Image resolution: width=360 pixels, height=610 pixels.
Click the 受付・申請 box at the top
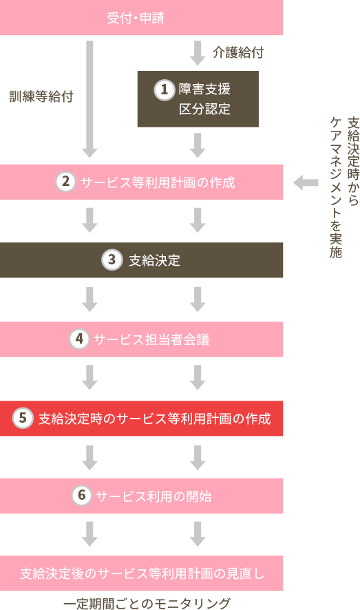click(x=141, y=18)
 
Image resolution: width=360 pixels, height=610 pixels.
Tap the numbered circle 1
click(x=164, y=90)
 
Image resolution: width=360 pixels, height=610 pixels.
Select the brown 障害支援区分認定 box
click(x=198, y=99)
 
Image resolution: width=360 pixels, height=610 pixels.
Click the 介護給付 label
click(x=237, y=52)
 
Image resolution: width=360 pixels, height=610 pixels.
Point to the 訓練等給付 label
click(x=41, y=96)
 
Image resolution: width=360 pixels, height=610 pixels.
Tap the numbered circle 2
click(x=65, y=182)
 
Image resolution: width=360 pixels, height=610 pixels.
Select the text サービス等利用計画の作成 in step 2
click(x=158, y=183)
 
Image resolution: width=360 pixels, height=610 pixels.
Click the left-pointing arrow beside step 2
click(x=306, y=182)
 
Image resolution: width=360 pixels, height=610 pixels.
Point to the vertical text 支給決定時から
click(x=352, y=162)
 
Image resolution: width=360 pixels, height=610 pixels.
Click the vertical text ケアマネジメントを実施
click(x=335, y=187)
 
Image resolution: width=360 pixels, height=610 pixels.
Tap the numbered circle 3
click(x=112, y=260)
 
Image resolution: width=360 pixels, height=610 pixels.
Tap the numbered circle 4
click(x=79, y=339)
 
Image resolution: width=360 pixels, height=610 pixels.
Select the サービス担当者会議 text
click(x=151, y=339)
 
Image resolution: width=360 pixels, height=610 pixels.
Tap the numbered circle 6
click(x=81, y=496)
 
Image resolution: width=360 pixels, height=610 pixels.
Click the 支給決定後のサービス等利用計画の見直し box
click(x=141, y=573)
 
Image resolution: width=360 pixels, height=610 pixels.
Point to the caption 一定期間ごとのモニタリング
click(x=147, y=603)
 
